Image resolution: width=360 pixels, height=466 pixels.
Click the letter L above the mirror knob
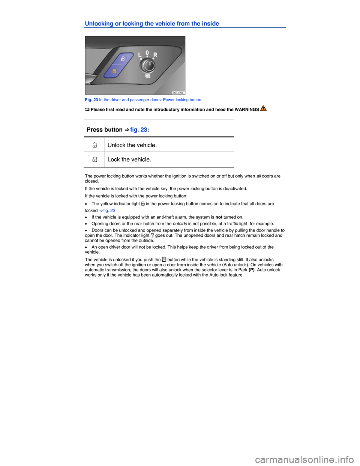pos(140,55)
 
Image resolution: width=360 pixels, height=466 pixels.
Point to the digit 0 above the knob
pos(147,53)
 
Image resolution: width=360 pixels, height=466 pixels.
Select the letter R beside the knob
pos(155,55)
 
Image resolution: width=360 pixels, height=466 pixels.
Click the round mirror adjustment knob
pos(147,66)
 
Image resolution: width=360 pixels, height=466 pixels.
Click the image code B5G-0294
pos(178,93)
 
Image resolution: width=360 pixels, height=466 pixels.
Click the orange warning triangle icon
pos(263,108)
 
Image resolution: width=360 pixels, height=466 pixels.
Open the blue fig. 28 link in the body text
pos(138,130)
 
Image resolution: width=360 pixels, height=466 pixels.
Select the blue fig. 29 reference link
pos(109,210)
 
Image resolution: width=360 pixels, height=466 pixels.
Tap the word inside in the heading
pos(210,24)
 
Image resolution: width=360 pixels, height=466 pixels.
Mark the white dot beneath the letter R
pos(153,59)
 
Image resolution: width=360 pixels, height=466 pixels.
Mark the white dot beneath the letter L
pos(141,59)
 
